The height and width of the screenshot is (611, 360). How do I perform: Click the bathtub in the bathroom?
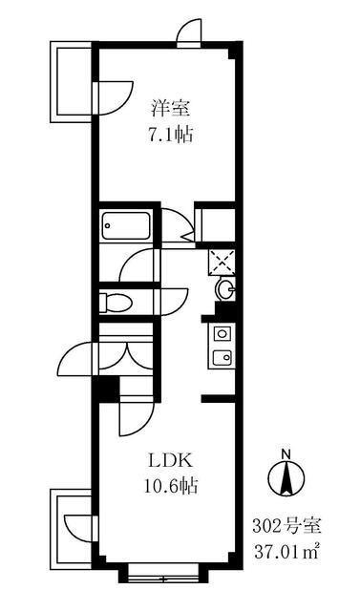[125, 227]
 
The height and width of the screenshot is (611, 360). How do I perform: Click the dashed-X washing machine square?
[222, 259]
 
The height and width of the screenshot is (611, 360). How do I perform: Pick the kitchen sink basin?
[222, 359]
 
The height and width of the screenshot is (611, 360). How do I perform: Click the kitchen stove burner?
[222, 333]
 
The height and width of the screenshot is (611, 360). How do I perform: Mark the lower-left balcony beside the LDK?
[69, 523]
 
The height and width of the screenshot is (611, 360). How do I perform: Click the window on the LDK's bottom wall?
[159, 573]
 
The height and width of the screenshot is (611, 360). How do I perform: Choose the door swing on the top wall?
[189, 31]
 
